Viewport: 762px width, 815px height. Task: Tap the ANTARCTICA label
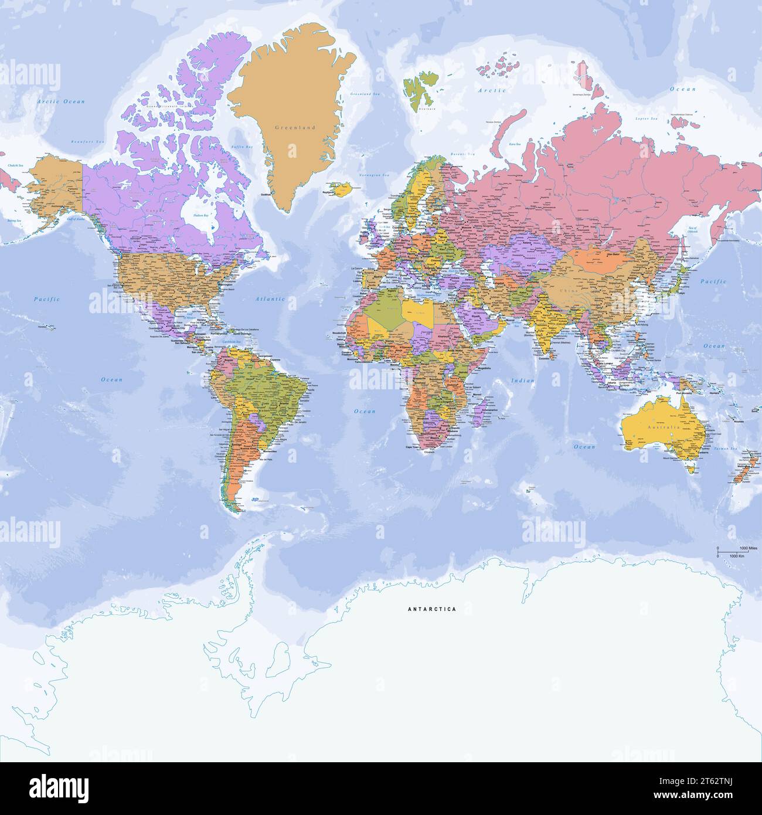(x=431, y=609)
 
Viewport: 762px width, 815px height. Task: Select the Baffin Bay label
(x=241, y=147)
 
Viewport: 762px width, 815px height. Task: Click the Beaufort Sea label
(x=87, y=142)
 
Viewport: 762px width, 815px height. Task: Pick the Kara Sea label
(x=514, y=144)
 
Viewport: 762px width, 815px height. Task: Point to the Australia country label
(x=663, y=427)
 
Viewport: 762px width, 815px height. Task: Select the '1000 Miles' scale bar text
(x=749, y=548)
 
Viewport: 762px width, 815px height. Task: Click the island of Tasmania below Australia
(x=692, y=468)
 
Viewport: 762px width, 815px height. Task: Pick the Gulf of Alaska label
(x=77, y=218)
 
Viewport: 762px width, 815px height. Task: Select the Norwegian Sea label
(x=374, y=175)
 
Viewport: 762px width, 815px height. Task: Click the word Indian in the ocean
(x=523, y=381)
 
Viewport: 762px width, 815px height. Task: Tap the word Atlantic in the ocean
(x=270, y=299)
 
